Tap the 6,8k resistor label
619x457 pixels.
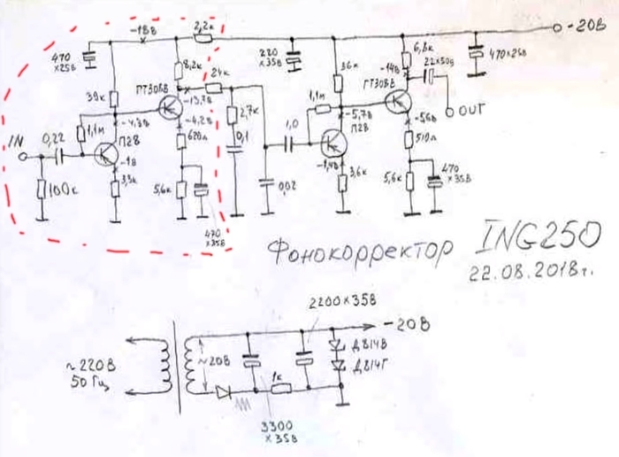(424, 44)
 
